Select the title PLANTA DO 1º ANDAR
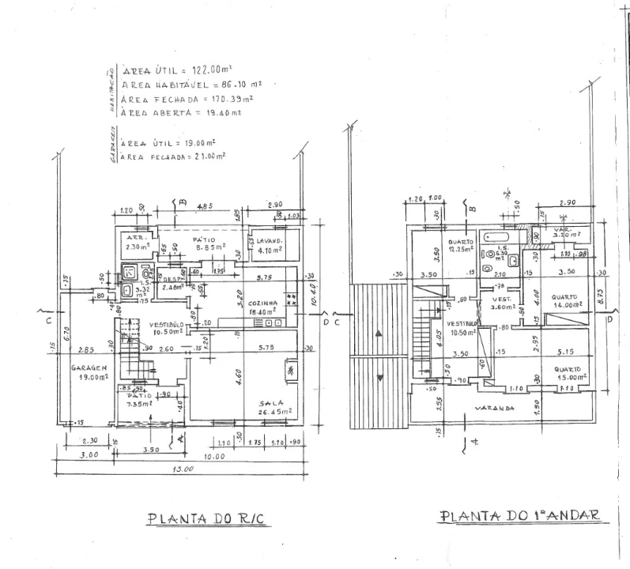click(519, 515)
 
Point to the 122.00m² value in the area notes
click(209, 70)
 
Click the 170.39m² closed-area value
click(232, 98)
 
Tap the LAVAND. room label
click(266, 240)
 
